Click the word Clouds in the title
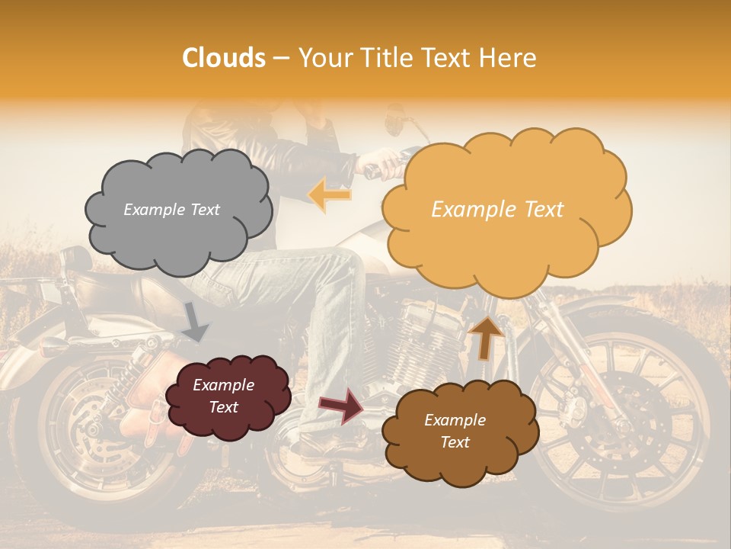pos(224,58)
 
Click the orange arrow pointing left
pos(329,194)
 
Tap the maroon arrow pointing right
pos(342,405)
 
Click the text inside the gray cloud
pos(171,210)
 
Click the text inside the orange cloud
pos(497,210)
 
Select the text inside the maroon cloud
pos(223,396)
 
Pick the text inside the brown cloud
pos(455,431)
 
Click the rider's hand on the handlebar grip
pos(388,162)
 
